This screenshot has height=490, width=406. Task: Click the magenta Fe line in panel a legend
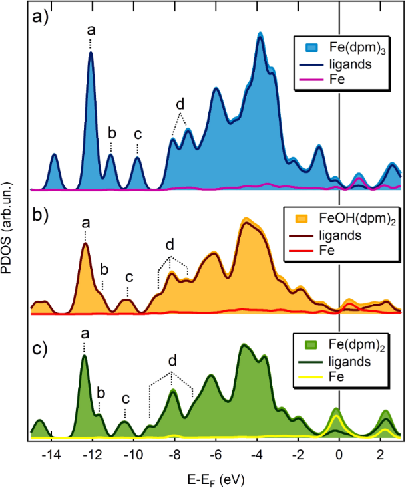click(x=307, y=80)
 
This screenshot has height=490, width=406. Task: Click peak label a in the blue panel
click(x=91, y=30)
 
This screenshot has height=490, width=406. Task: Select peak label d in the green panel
click(x=172, y=361)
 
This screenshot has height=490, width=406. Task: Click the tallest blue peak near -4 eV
click(x=260, y=33)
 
